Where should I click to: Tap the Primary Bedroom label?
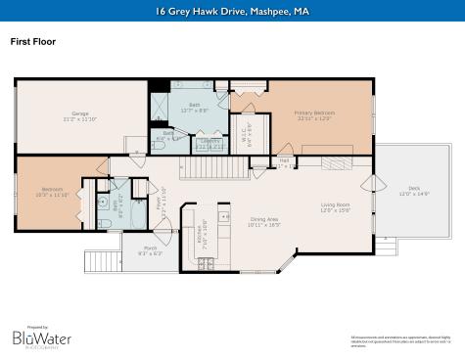pyautogui.click(x=314, y=114)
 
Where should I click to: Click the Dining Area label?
pyautogui.click(x=264, y=221)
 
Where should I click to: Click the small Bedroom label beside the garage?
pyautogui.click(x=52, y=191)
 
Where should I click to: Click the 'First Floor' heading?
pyautogui.click(x=32, y=42)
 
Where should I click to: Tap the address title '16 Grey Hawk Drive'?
pyautogui.click(x=231, y=12)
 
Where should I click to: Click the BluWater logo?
pyautogui.click(x=42, y=336)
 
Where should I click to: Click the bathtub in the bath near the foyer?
pyautogui.click(x=101, y=203)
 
